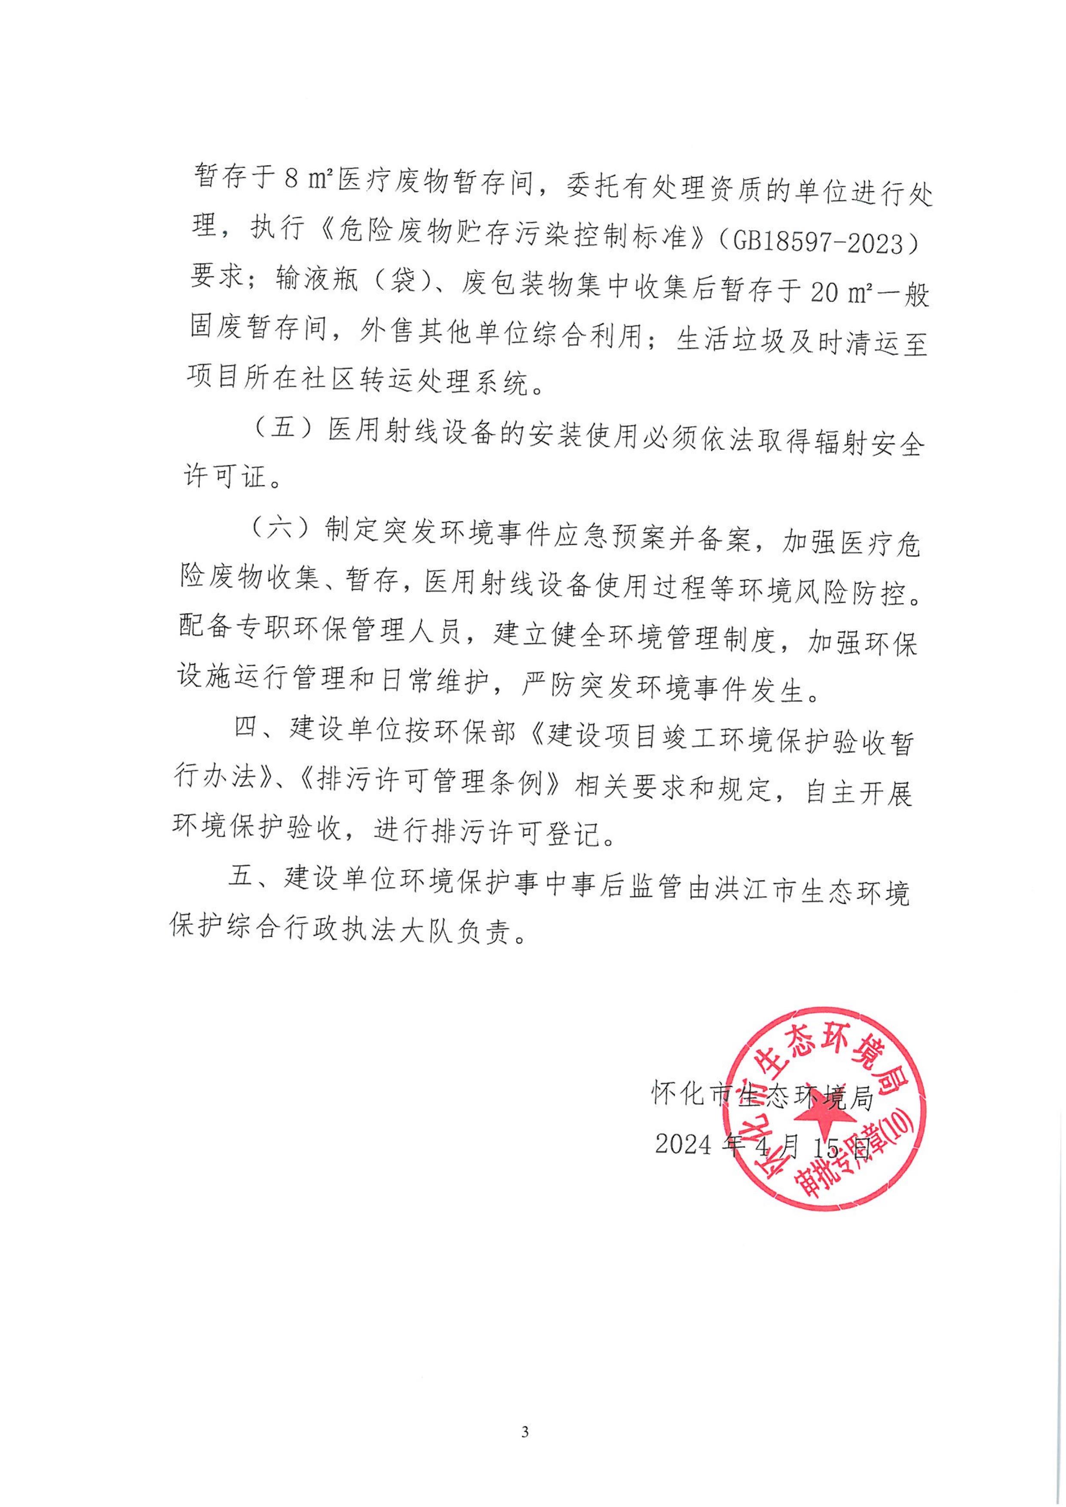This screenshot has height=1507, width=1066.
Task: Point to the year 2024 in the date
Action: (683, 1146)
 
